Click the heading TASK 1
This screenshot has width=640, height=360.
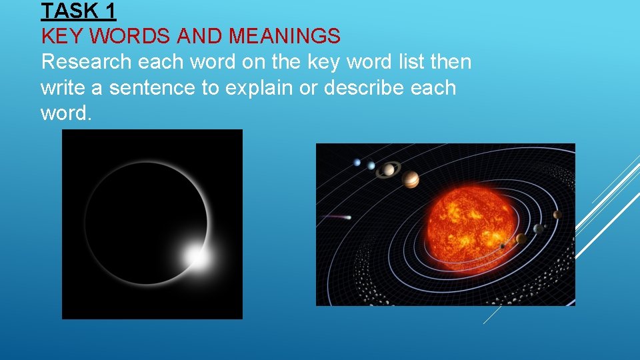point(78,11)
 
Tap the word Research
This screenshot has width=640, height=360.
point(86,62)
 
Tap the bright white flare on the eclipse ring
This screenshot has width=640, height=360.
point(196,255)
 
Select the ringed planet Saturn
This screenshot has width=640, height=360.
point(387,170)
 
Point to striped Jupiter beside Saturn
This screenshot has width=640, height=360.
point(411,179)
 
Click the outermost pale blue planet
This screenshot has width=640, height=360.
point(357,162)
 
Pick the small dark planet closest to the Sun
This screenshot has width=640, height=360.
point(502,246)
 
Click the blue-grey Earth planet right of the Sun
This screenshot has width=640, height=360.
point(537,229)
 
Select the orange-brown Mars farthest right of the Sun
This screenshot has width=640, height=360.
point(557,215)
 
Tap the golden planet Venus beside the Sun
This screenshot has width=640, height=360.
point(521,239)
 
